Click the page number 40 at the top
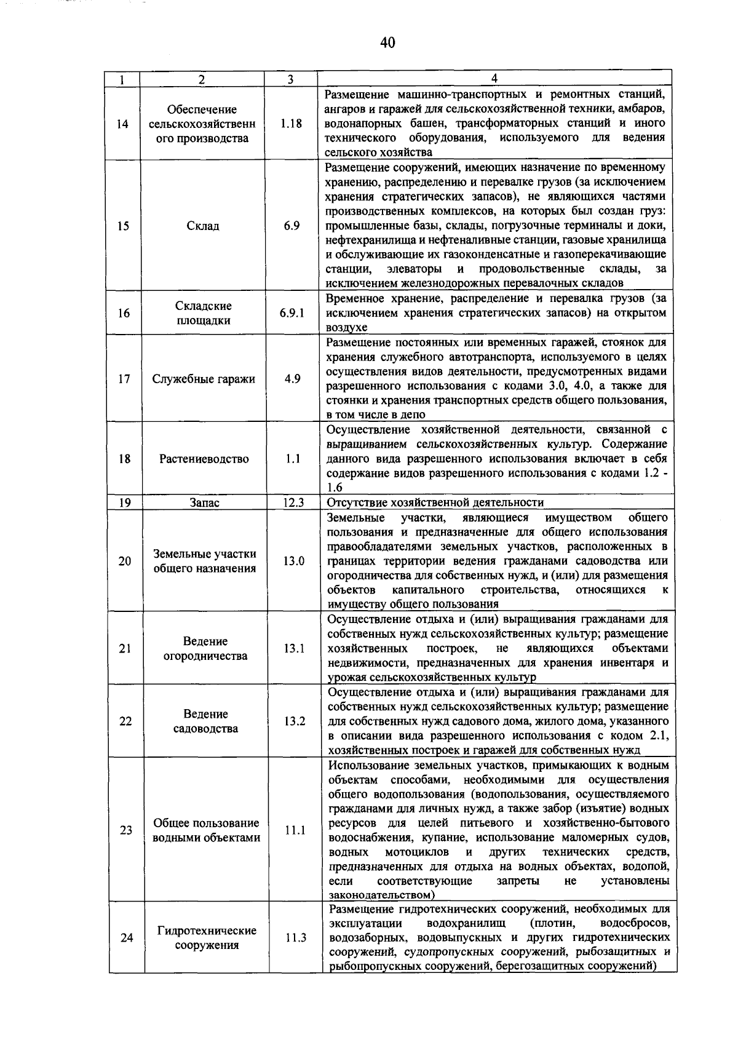pos(387,42)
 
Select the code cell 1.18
pos(291,124)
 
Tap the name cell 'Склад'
pos(203,226)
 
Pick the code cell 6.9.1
pos(292,313)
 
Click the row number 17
pos(124,379)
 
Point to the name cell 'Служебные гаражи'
pos(204,379)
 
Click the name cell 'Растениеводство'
pos(204,459)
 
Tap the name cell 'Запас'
pos(205,502)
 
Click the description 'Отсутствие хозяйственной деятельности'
pos(435,502)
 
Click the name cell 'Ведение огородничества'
pos(205,648)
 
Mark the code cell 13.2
pos(295,721)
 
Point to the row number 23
pos(126,830)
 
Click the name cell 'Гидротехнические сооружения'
pos(207,938)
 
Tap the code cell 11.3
pos(296,938)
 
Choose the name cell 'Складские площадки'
pos(204,313)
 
